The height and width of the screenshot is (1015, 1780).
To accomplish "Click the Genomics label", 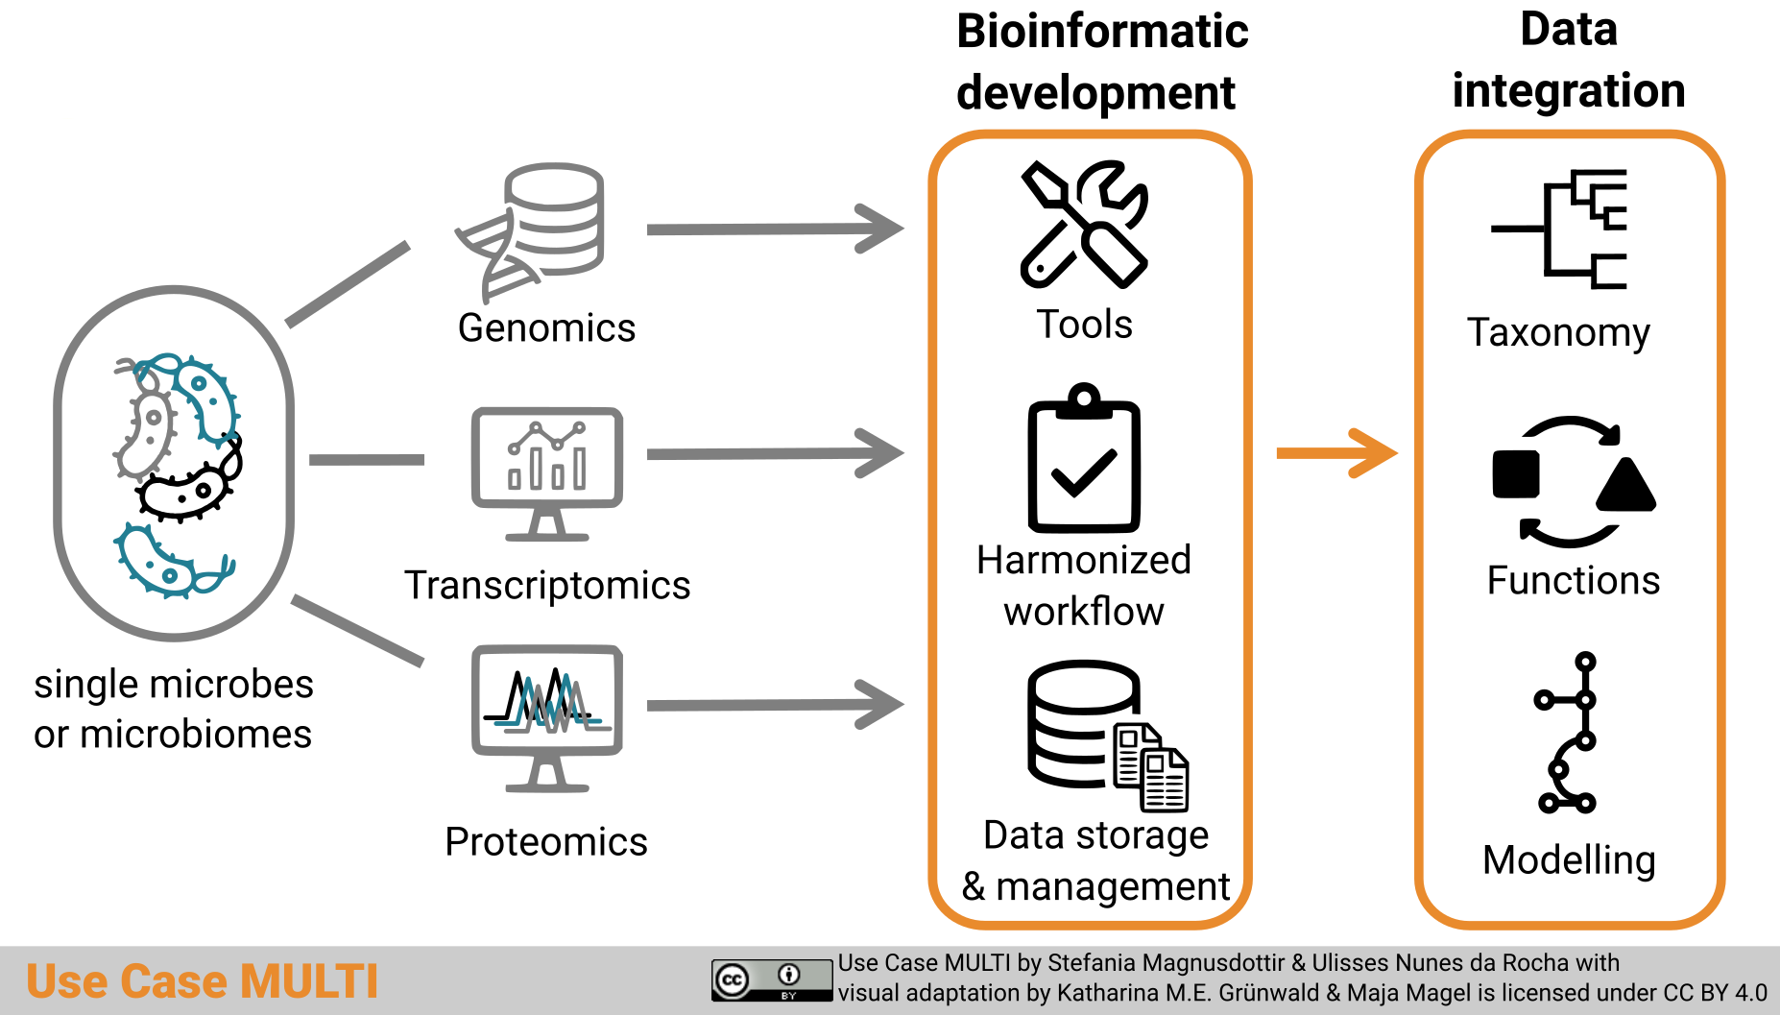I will pyautogui.click(x=546, y=328).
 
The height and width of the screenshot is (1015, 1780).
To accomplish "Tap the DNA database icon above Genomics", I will pyautogui.click(x=533, y=230).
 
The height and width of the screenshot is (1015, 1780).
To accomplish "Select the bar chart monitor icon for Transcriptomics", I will pyautogui.click(x=546, y=471).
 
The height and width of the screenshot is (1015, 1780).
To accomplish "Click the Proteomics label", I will pyautogui.click(x=546, y=841).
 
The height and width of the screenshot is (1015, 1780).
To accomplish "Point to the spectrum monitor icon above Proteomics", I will pyautogui.click(x=546, y=715).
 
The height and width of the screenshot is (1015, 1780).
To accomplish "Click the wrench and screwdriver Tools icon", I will pyautogui.click(x=1084, y=225).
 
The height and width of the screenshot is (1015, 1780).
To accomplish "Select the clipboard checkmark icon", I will pyautogui.click(x=1084, y=461).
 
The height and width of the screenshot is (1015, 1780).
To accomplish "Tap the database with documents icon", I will pyautogui.click(x=1104, y=735).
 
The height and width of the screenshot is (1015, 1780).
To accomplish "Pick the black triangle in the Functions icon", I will pyautogui.click(x=1625, y=486).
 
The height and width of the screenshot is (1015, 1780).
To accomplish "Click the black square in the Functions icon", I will pyautogui.click(x=1516, y=473).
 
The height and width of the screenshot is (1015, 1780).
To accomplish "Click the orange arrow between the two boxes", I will pyautogui.click(x=1335, y=453).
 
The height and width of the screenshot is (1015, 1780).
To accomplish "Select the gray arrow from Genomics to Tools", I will pyautogui.click(x=774, y=230).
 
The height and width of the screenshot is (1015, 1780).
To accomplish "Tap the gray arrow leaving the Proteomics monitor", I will pyautogui.click(x=774, y=706).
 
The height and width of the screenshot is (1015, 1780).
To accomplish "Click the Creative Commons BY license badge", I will pyautogui.click(x=771, y=979).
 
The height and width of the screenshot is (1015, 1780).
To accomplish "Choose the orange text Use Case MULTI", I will pyautogui.click(x=202, y=981).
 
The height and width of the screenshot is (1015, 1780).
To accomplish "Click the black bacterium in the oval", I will pyautogui.click(x=188, y=488).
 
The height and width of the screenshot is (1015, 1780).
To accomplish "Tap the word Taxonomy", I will pyautogui.click(x=1558, y=332).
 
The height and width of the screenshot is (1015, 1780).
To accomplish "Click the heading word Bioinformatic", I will pyautogui.click(x=1102, y=32).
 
